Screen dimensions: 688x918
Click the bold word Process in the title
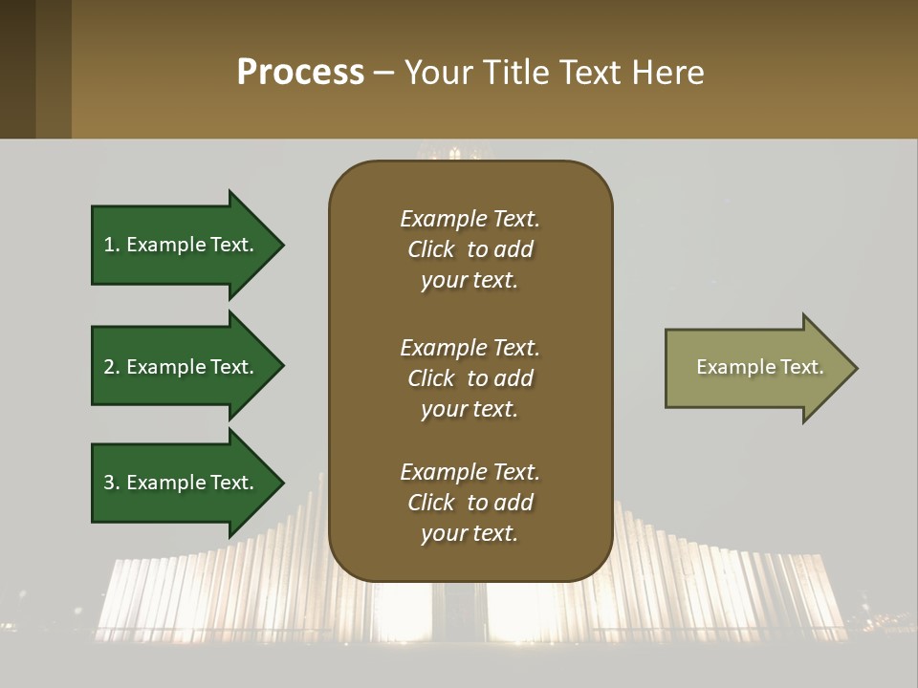coord(300,73)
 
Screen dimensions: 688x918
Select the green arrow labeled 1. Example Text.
coord(182,245)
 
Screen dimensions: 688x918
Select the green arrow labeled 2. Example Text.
coord(182,367)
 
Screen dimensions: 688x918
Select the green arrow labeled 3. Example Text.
coord(182,483)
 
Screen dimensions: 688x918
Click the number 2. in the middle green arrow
coord(112,367)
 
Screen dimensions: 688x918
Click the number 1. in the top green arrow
coord(112,245)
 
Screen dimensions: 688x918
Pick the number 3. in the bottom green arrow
coord(112,483)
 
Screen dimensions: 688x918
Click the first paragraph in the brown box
coord(470,249)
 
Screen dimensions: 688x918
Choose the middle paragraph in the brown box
coord(470,378)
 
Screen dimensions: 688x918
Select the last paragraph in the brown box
coord(470,503)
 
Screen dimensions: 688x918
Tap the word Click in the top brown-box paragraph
coord(431,249)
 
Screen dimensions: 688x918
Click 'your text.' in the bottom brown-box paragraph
coord(470,533)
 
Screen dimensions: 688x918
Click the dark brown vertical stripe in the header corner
coord(17,69)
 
